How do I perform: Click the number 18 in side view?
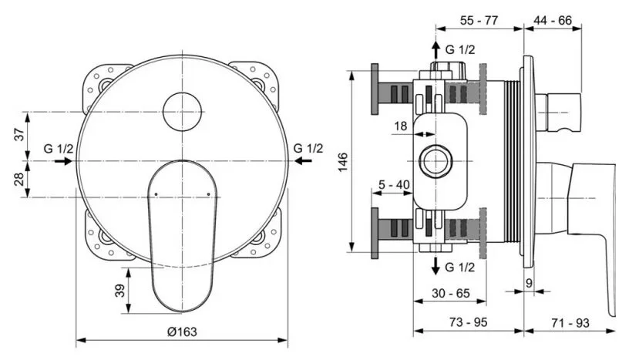coord(401,126)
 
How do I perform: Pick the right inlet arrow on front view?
coord(304,160)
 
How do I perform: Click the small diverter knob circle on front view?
coord(183,109)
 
